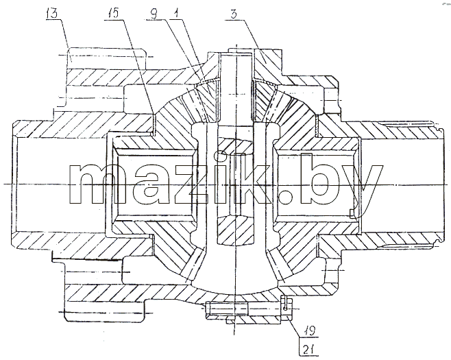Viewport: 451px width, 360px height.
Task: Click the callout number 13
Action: pos(52,14)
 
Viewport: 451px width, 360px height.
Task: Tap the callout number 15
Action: pos(112,14)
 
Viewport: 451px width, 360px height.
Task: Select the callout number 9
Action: pos(155,13)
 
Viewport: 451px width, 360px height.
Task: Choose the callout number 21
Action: pos(308,350)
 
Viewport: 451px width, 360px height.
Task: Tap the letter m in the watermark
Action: pos(95,184)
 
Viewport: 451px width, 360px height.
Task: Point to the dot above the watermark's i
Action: pos(219,156)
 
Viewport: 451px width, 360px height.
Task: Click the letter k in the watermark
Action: pos(253,178)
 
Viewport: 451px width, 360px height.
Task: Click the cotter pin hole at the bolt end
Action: pos(284,309)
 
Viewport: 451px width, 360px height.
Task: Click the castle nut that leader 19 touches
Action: pos(287,309)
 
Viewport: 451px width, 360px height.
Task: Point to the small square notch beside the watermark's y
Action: pos(352,213)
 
